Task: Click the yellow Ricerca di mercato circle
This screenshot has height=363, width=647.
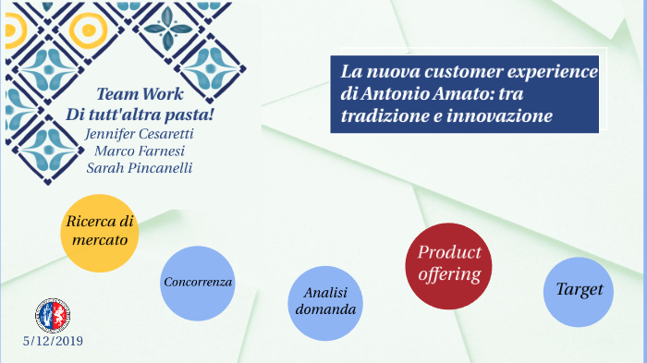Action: pos(100,232)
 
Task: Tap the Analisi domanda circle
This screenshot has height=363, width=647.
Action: pos(324,301)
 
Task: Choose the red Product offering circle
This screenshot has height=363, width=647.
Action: pos(448,266)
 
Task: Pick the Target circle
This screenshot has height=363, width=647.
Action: pos(579,290)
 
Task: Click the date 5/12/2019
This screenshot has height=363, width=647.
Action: pos(54,342)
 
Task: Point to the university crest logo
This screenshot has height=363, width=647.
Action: pos(53,316)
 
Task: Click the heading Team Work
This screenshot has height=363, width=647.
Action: pos(140,95)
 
